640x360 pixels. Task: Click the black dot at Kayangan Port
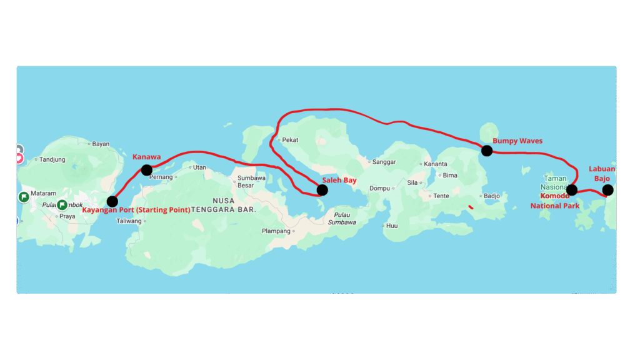point(112,201)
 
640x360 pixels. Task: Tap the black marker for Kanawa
point(146,170)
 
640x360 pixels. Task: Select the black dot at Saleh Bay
point(322,190)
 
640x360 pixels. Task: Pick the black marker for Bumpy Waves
point(487,150)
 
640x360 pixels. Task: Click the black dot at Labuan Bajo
point(607,190)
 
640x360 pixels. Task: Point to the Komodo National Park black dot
point(571,190)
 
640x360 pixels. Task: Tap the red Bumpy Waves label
point(517,141)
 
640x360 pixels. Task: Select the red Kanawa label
point(147,156)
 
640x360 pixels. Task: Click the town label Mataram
point(43,193)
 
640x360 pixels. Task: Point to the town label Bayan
point(100,144)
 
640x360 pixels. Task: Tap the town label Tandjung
point(52,159)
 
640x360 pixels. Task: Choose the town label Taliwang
point(129,221)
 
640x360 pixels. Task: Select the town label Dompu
point(379,188)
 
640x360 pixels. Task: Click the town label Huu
point(392,226)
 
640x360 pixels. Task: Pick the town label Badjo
point(492,196)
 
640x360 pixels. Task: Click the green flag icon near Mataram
point(24,197)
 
